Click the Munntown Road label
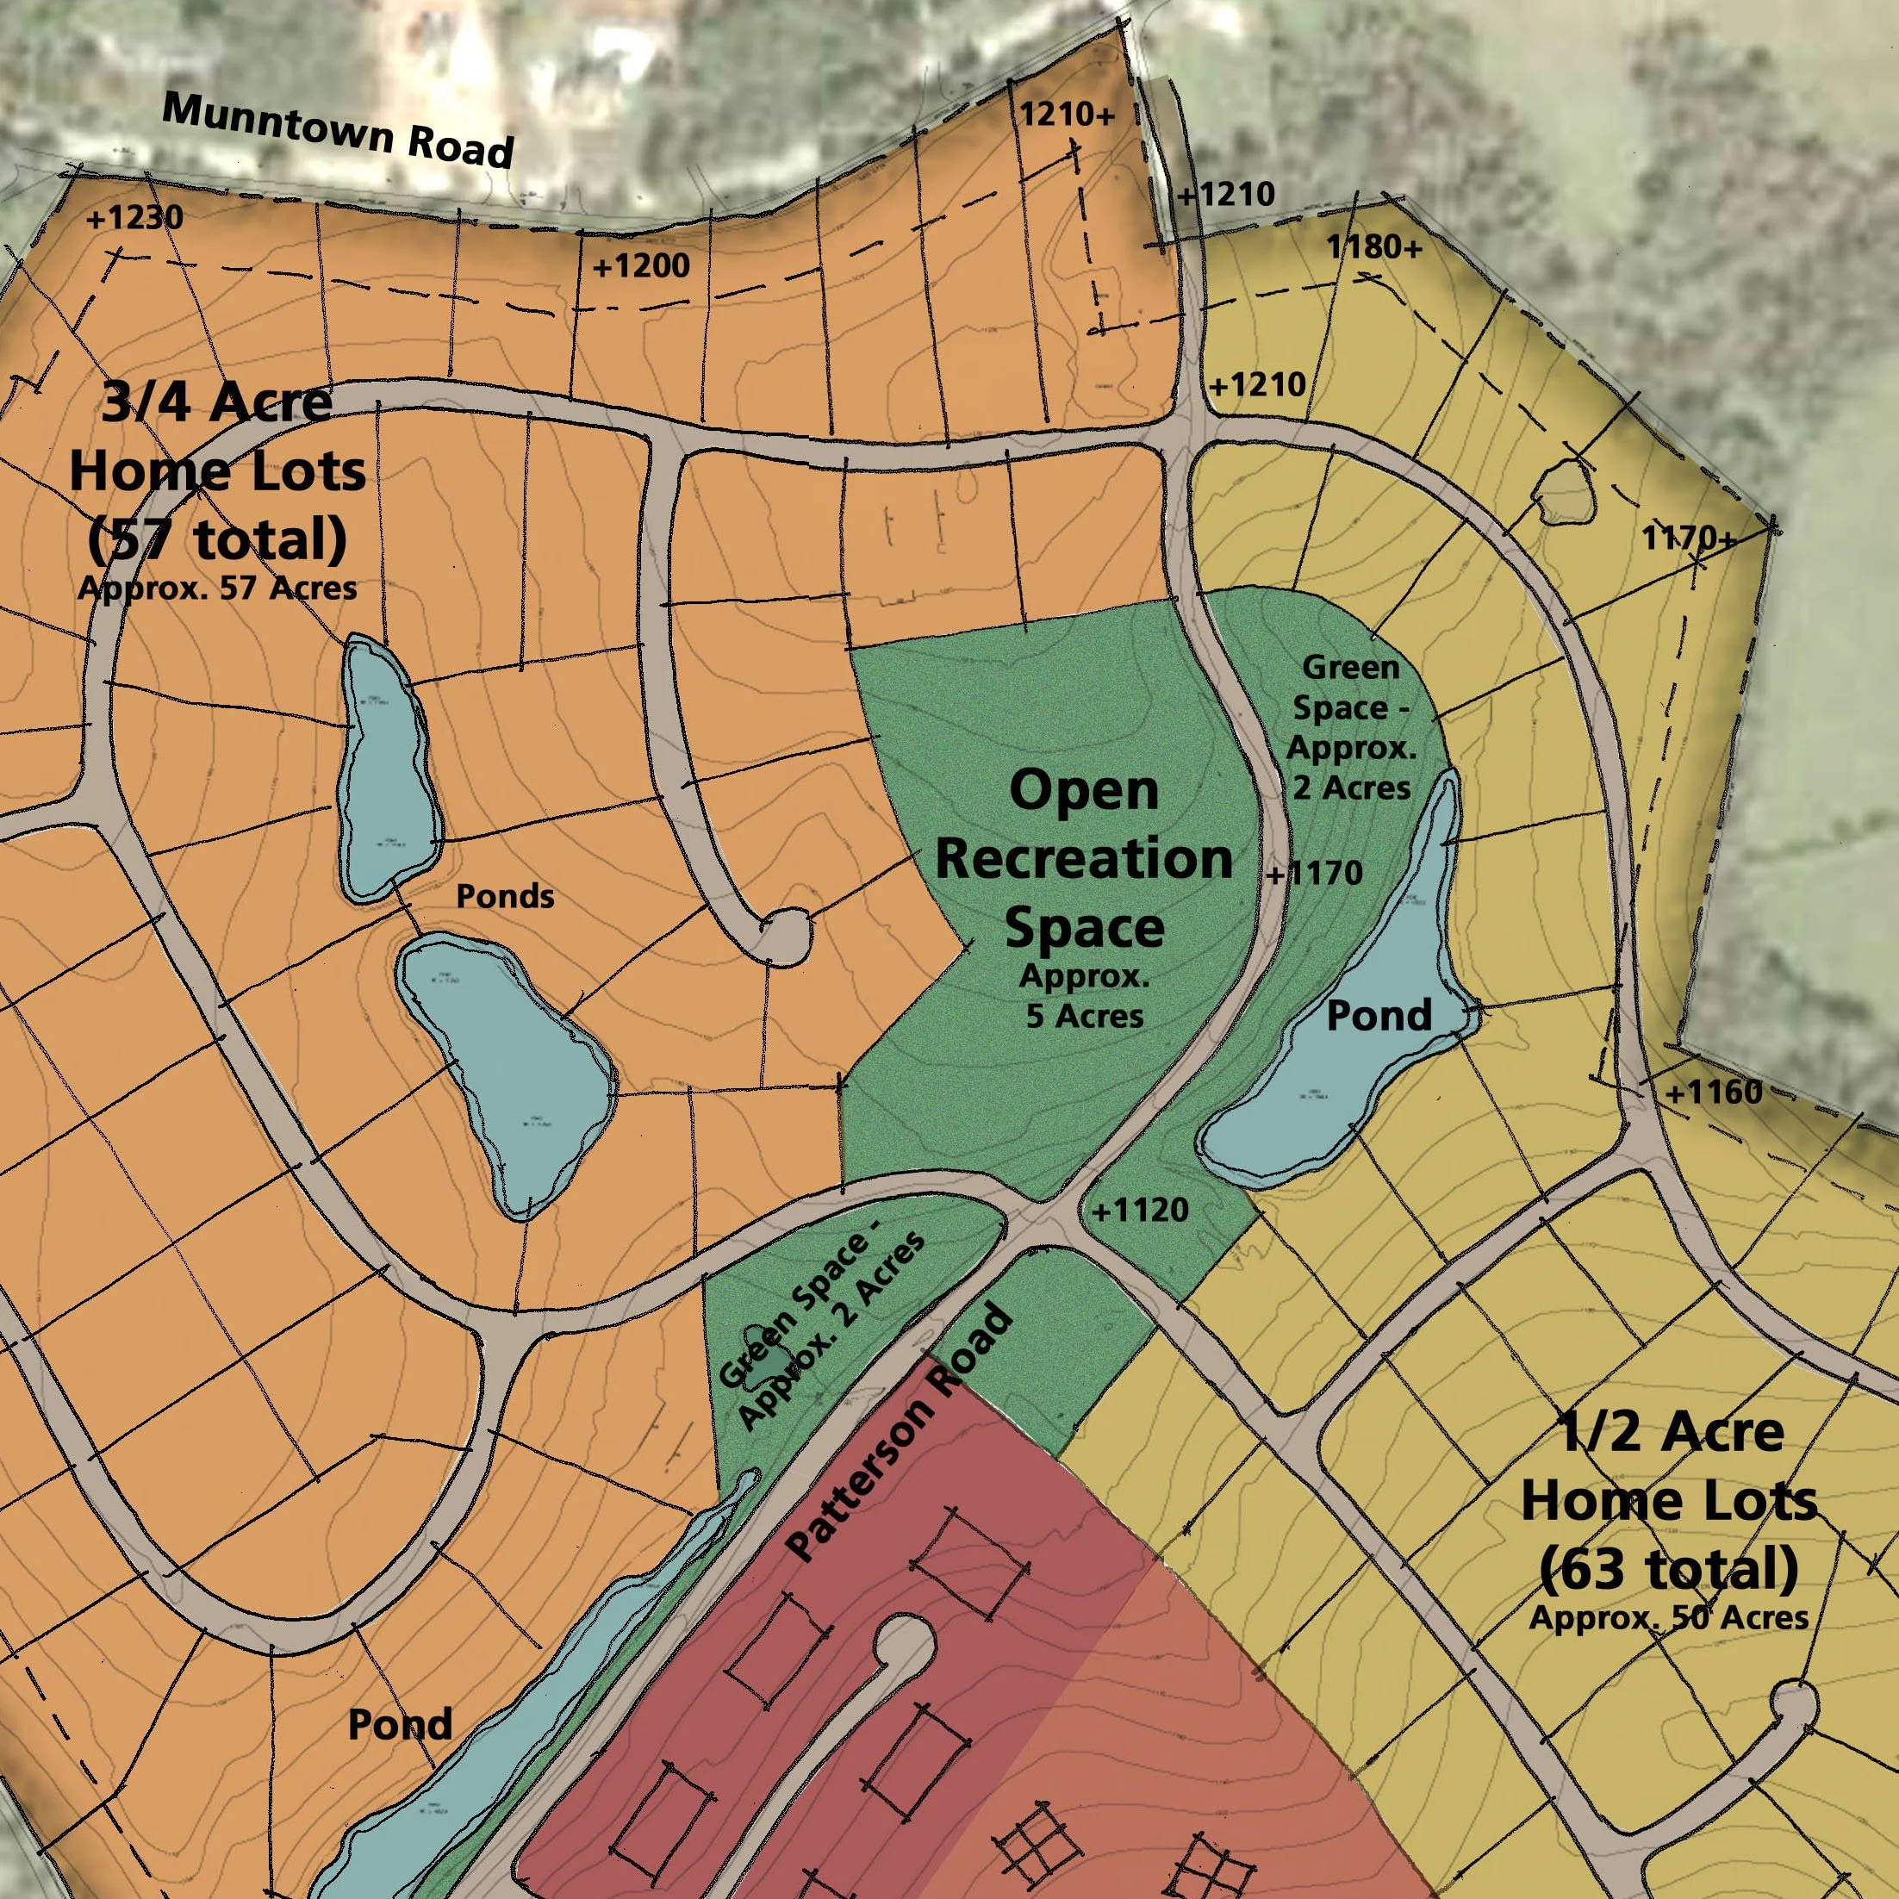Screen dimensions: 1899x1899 [337, 130]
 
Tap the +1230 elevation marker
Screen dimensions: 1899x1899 [134, 217]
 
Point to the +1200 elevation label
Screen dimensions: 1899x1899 [641, 265]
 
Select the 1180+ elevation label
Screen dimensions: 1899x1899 [1375, 246]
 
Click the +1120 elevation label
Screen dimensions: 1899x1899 [1140, 1210]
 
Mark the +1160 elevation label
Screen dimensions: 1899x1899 [1713, 1092]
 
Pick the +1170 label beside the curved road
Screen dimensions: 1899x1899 [1314, 873]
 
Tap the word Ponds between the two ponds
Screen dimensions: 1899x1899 [505, 896]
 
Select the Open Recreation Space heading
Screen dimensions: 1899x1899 [1084, 859]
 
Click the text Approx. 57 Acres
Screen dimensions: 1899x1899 [217, 588]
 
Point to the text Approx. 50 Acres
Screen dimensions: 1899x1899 [1668, 1617]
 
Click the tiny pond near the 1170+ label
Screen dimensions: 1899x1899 [1564, 491]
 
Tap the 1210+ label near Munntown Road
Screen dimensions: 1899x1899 [1068, 115]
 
